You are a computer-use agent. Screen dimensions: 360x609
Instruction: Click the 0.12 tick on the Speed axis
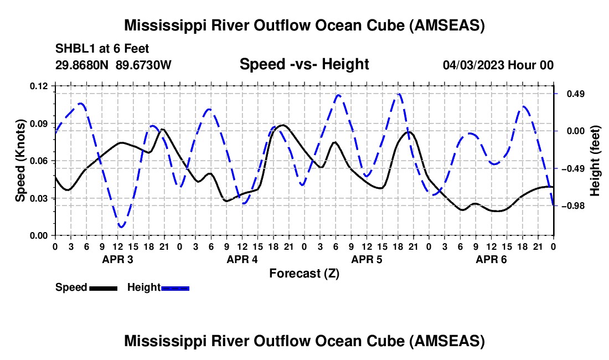click(39, 86)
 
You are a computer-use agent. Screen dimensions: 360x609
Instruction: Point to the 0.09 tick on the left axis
click(39, 124)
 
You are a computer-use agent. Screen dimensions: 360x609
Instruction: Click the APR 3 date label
click(117, 259)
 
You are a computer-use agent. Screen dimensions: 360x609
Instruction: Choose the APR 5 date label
click(367, 259)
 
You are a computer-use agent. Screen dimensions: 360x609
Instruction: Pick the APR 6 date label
click(491, 259)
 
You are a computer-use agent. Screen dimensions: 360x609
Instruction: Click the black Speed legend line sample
click(102, 288)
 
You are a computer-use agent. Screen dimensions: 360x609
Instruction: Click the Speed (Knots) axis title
click(20, 161)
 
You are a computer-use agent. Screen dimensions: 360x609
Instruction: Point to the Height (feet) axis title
click(595, 161)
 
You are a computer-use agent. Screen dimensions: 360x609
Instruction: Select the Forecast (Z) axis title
click(304, 273)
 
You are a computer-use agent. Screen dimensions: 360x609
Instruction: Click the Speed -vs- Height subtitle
click(304, 64)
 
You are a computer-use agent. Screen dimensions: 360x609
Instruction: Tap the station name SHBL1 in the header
click(73, 49)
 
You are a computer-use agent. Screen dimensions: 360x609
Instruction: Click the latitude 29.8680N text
click(82, 65)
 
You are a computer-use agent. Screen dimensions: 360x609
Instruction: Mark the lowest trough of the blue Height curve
click(121, 227)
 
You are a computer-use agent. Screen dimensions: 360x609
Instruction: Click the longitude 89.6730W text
click(143, 65)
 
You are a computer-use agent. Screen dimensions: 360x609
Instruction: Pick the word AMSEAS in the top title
click(447, 25)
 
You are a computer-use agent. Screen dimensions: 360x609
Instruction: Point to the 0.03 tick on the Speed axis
click(39, 198)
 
